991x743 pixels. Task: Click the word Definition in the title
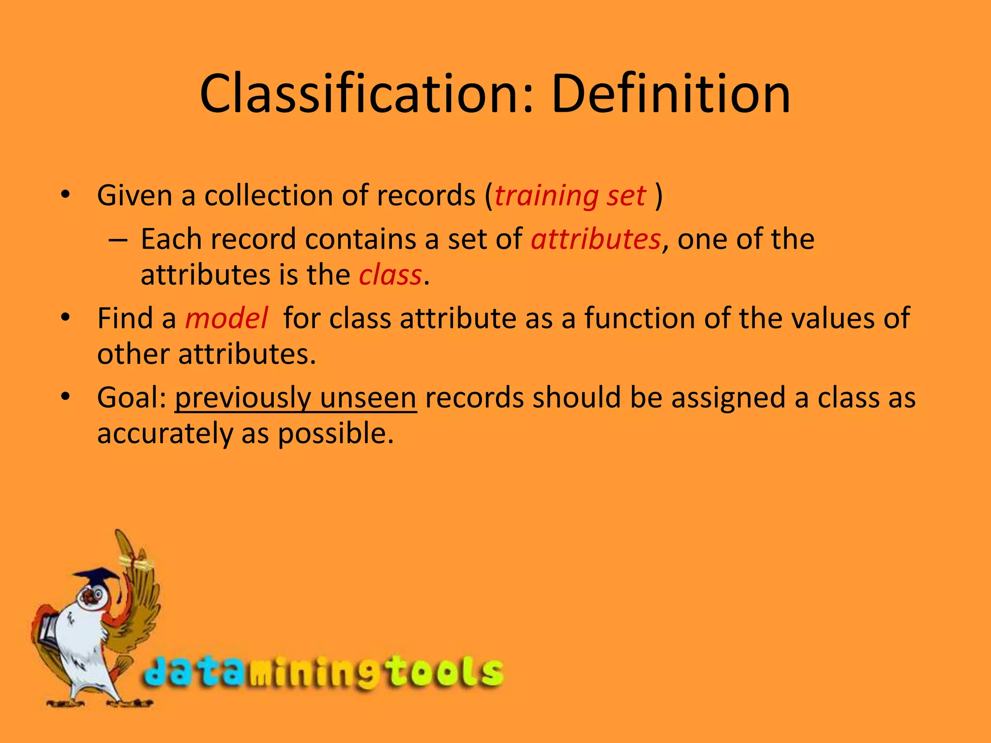[670, 94]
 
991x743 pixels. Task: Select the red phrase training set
[570, 196]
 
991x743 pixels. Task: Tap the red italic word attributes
[596, 239]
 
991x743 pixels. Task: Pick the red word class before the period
[390, 275]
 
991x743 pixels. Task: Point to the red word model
[226, 319]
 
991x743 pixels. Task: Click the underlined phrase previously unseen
[296, 398]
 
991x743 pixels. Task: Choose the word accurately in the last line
[165, 433]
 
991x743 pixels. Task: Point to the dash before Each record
[119, 240]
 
